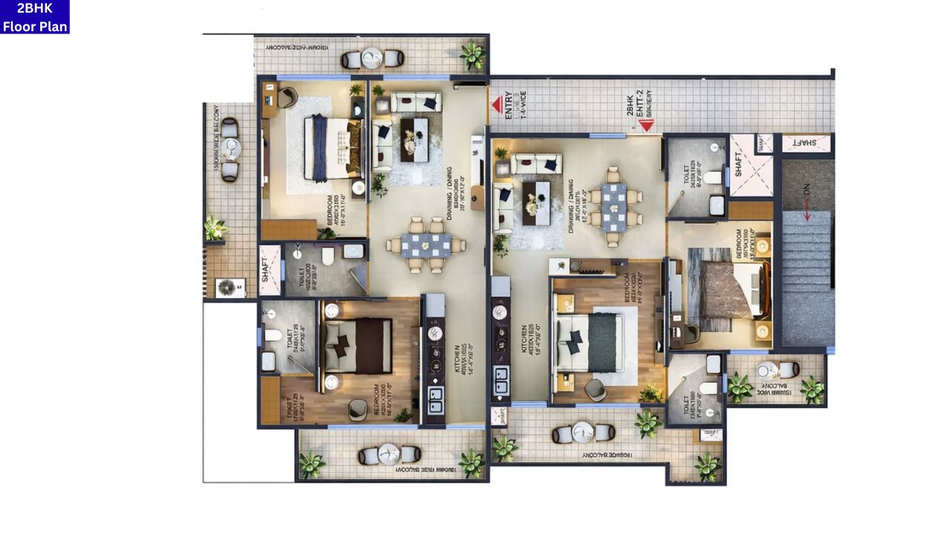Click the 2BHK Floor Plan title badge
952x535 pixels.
point(35,16)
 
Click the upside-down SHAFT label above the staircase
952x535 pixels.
point(805,142)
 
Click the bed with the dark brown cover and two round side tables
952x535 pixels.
point(358,346)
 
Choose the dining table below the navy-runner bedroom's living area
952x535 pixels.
point(425,244)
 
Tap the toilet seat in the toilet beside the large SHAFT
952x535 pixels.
point(713,177)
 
